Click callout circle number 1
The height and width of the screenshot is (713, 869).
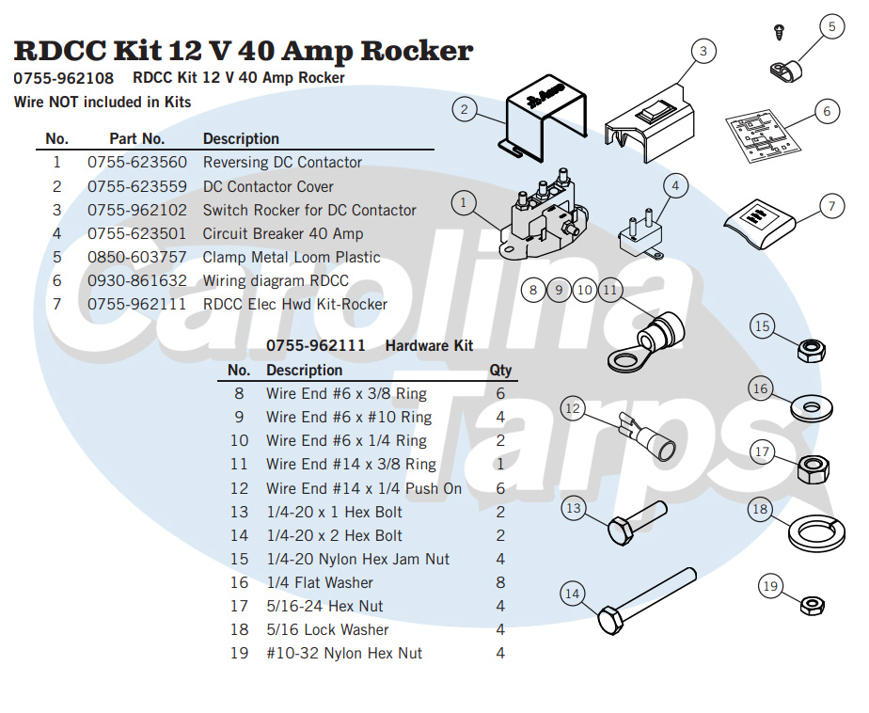pos(463,202)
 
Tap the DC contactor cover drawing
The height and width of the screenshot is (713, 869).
pos(544,119)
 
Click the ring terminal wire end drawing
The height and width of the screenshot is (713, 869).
pos(642,341)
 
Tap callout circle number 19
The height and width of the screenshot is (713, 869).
pos(770,587)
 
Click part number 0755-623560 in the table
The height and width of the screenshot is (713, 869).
pos(137,163)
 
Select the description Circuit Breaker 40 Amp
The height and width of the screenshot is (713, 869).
pos(282,233)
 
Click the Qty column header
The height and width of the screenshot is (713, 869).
pos(500,370)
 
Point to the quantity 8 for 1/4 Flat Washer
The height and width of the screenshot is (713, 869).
pos(500,582)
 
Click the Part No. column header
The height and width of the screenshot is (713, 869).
pos(136,139)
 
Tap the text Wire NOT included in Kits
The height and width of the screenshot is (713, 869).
pos(103,102)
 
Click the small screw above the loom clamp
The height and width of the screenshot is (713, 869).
pos(778,32)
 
